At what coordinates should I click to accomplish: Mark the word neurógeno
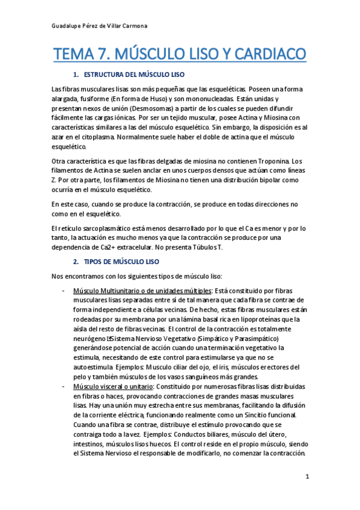click(x=88, y=339)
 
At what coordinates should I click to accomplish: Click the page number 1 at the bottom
click(x=307, y=477)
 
